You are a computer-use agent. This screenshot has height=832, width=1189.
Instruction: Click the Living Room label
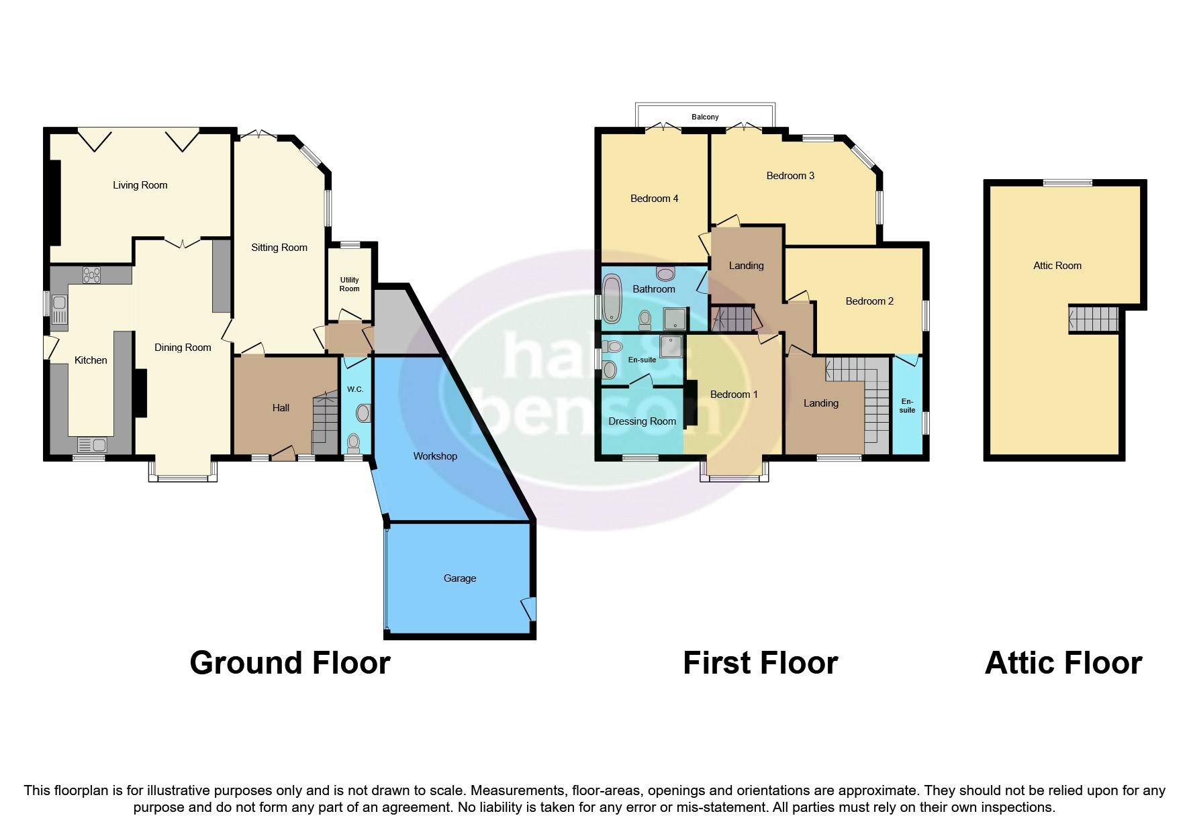point(140,185)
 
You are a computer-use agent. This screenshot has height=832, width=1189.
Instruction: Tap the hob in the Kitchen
point(91,275)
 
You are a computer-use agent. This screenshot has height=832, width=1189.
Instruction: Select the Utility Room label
point(349,284)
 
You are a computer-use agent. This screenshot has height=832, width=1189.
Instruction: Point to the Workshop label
point(435,456)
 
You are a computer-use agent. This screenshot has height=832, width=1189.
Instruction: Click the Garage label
point(459,578)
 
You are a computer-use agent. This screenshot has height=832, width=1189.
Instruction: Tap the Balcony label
point(705,117)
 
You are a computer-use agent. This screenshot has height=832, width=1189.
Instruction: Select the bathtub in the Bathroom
point(612,300)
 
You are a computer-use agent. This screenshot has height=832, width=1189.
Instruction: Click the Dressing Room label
point(642,421)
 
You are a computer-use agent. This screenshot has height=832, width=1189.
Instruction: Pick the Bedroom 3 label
point(790,176)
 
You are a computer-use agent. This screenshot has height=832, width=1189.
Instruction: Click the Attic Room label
point(1057,266)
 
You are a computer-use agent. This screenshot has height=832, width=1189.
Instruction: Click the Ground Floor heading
point(289,663)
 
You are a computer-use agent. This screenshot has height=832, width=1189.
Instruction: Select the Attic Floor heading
point(1063,663)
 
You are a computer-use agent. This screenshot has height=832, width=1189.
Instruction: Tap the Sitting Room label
point(279,248)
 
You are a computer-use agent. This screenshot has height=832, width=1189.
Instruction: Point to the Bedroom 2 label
point(869,301)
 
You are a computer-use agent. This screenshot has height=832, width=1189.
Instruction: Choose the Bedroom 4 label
point(654,199)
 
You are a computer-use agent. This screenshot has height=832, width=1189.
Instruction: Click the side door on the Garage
point(530,609)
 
